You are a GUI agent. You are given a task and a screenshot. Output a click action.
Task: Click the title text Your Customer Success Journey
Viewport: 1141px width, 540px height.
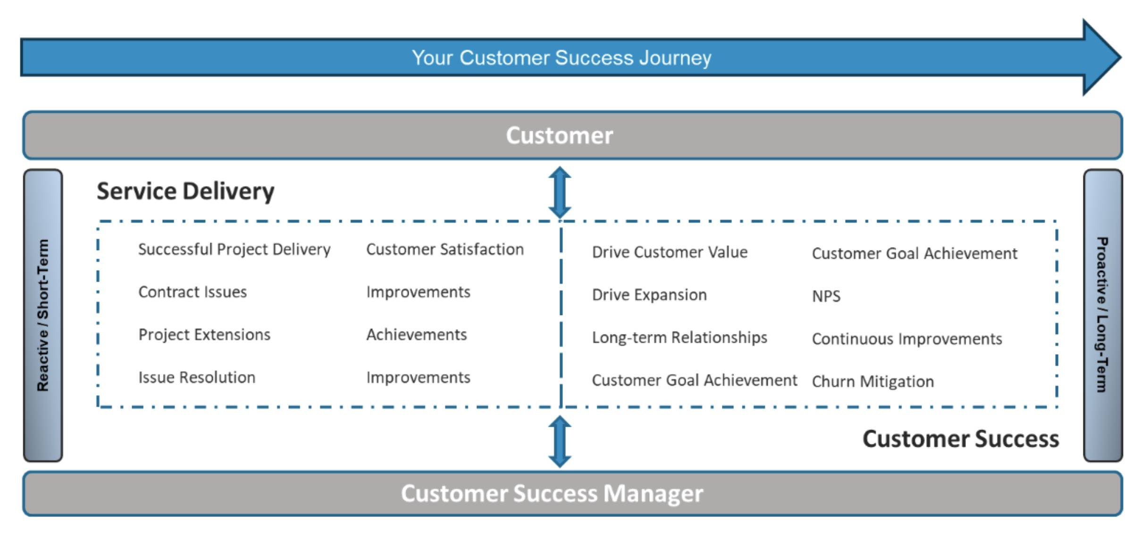[x=561, y=58]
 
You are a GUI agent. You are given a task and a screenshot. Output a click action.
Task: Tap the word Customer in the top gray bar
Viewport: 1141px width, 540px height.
[x=559, y=135]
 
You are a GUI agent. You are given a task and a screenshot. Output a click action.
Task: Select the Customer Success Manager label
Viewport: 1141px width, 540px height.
[x=552, y=493]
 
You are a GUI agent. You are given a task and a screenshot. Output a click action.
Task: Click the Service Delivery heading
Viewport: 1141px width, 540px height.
[x=185, y=191]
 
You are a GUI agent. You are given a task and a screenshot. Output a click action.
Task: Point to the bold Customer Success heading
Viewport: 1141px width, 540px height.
[x=960, y=439]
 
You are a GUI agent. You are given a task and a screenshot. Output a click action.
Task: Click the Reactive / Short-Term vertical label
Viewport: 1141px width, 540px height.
[x=43, y=315]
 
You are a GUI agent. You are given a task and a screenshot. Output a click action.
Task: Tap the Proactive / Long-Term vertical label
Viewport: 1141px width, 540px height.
[x=1102, y=315]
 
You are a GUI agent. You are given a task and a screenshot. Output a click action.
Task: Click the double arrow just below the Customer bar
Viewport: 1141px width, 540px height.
[x=560, y=192]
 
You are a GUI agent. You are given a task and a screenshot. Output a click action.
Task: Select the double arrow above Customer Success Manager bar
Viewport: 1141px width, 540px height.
[x=560, y=441]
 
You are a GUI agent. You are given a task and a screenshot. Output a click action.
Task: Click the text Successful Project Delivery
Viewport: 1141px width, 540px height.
[x=234, y=249]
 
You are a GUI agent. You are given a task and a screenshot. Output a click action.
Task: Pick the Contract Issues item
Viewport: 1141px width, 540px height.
[x=193, y=292]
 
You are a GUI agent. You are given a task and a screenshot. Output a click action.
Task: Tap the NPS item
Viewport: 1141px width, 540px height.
[x=826, y=296]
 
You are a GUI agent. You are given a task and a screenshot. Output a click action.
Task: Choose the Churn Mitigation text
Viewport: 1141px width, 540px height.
[x=873, y=381]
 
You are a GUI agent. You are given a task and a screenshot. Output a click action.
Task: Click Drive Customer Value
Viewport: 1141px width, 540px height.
[x=670, y=252]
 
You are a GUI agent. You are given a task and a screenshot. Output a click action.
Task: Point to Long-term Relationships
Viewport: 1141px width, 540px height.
[x=680, y=337]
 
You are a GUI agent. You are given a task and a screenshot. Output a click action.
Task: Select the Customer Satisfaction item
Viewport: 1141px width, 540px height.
[x=445, y=249]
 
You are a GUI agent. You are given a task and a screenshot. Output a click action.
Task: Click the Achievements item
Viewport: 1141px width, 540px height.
[x=416, y=334]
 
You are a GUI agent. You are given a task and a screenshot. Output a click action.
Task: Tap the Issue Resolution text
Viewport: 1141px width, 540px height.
[x=197, y=377]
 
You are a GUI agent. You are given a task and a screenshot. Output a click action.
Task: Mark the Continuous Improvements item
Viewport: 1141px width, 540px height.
[x=906, y=339]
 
